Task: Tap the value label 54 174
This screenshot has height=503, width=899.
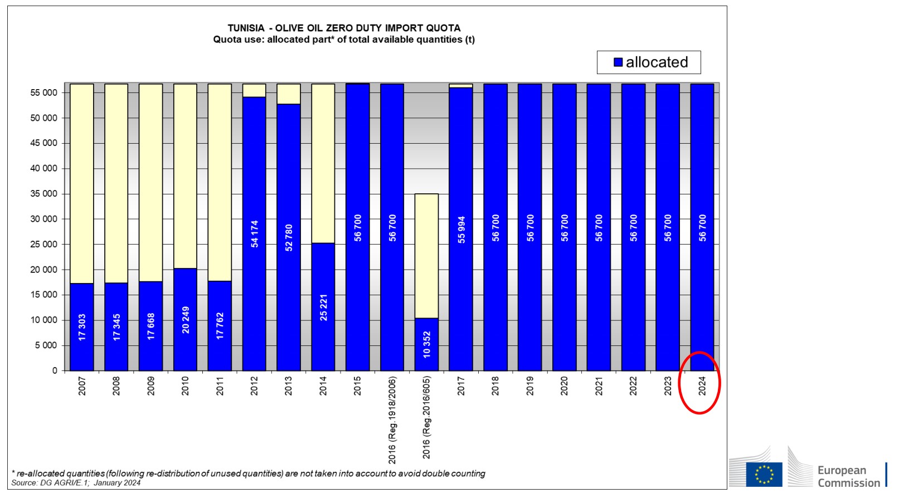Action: (255, 234)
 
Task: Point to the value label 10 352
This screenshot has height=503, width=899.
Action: (427, 344)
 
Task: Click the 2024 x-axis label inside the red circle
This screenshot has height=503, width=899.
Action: (702, 385)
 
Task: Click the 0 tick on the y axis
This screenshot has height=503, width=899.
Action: (55, 370)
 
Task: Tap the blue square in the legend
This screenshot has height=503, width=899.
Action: (618, 62)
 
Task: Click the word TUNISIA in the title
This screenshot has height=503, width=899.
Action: (246, 28)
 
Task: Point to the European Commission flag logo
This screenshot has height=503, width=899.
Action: (764, 474)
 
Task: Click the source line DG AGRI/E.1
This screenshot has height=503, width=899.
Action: (76, 483)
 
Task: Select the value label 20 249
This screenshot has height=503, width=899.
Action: (186, 320)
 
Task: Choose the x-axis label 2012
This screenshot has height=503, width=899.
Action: (255, 385)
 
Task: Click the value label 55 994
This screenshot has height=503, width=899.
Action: (461, 229)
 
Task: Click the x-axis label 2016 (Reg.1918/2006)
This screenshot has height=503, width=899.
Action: (392, 419)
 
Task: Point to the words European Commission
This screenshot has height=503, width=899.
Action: (848, 477)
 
